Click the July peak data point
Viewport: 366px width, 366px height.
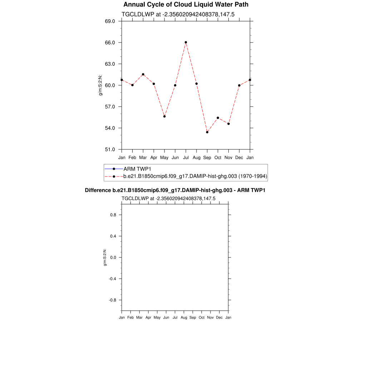(x=186, y=42)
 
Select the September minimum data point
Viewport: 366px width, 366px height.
(x=207, y=132)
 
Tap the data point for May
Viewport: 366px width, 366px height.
(x=164, y=116)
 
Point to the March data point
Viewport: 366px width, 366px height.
(x=143, y=74)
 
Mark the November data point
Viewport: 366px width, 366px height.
(x=228, y=124)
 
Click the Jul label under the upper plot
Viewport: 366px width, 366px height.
(x=186, y=157)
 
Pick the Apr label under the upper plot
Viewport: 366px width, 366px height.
(x=154, y=157)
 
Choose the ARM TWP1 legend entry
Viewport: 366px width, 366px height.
(x=137, y=169)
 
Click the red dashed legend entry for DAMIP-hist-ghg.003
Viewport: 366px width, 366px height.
(x=195, y=176)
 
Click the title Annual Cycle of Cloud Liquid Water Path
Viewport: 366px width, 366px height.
(x=186, y=5)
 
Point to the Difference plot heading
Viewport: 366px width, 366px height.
(x=175, y=190)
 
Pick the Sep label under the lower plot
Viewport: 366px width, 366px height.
(x=193, y=317)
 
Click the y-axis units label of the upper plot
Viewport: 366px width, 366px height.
(x=100, y=85)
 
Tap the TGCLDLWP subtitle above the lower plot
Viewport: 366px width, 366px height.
(x=168, y=198)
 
